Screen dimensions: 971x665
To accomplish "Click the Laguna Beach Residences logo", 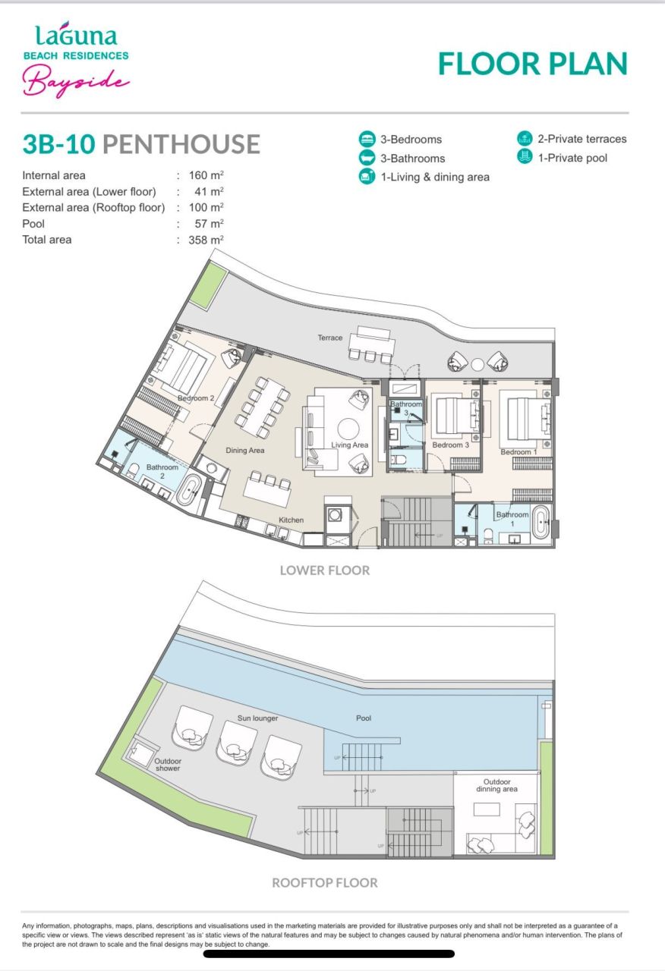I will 76,61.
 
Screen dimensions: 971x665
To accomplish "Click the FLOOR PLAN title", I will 533,64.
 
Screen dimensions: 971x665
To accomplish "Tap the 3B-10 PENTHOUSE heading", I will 141,143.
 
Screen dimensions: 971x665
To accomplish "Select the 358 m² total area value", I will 206,240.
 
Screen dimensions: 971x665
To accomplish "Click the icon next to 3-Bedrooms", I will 367,140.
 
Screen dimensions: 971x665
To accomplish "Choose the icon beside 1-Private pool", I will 525,158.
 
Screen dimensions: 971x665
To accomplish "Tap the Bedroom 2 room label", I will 196,398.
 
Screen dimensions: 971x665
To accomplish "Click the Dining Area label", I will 245,451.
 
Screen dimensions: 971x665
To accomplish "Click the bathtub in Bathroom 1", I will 541,523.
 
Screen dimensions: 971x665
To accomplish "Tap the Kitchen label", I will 291,520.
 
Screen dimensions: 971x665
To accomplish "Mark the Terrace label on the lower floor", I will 330,338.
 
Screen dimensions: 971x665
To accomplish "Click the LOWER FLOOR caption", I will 325,570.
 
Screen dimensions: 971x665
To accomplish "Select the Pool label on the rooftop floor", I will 364,718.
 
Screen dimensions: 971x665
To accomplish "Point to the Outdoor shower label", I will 168,764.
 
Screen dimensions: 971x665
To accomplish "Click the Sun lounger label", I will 257,718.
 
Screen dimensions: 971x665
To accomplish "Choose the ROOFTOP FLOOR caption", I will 325,883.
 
